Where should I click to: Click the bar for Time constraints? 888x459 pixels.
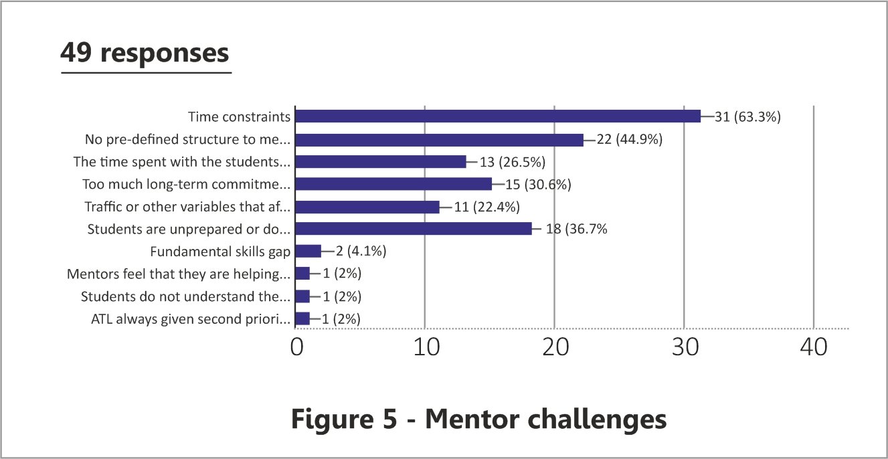tap(498, 116)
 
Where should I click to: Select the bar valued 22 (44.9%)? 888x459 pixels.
tap(439, 139)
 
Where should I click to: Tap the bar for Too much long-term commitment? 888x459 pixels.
tap(393, 184)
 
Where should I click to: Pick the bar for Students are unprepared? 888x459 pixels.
tap(414, 229)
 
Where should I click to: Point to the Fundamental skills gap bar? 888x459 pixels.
tap(308, 252)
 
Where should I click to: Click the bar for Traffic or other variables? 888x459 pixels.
tap(367, 207)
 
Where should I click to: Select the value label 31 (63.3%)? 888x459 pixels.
tap(748, 116)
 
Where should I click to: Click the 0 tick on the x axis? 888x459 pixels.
tap(296, 347)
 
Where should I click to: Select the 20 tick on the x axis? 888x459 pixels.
tap(554, 347)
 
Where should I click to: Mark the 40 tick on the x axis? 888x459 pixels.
tap(813, 347)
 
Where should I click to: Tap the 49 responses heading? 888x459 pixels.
tap(145, 53)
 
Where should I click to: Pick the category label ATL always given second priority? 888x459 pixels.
tap(191, 319)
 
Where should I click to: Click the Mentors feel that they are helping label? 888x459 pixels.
tap(179, 274)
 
